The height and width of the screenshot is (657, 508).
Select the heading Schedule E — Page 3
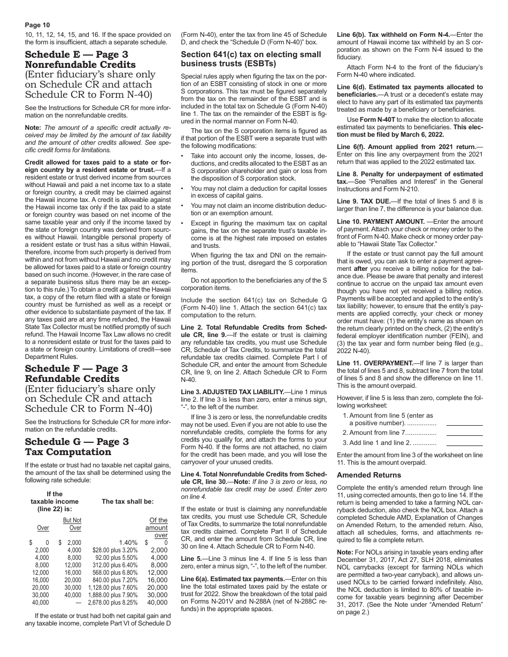[76, 54]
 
